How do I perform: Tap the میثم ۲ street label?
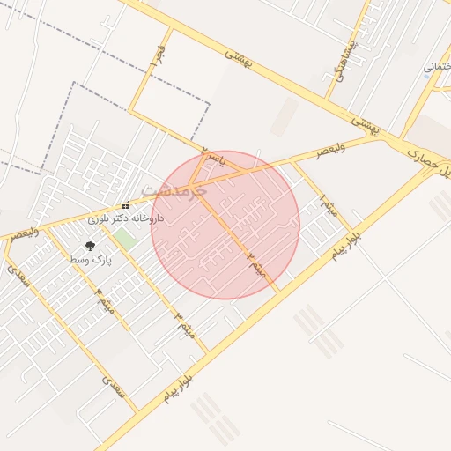tap(255, 260)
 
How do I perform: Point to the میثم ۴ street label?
tap(105, 300)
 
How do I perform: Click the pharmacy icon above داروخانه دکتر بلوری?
tap(125, 204)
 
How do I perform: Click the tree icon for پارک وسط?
tap(90, 248)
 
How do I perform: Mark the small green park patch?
tap(125, 238)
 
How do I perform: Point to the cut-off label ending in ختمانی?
tap(437, 67)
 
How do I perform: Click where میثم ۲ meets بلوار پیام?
tap(279, 292)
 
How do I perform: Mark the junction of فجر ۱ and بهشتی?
tap(169, 28)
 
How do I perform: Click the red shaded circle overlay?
tap(225, 225)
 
